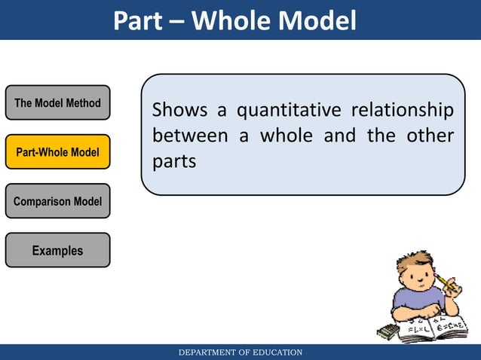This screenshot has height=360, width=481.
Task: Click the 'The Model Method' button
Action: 57,103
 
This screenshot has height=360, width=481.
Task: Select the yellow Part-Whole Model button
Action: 57,152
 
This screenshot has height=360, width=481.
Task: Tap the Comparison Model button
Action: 57,201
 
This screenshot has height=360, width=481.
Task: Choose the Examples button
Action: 57,250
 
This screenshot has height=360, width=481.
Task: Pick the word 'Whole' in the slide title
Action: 240,20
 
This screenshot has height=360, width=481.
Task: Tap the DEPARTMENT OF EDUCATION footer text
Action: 240,352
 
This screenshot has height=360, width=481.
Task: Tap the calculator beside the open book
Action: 388,332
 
